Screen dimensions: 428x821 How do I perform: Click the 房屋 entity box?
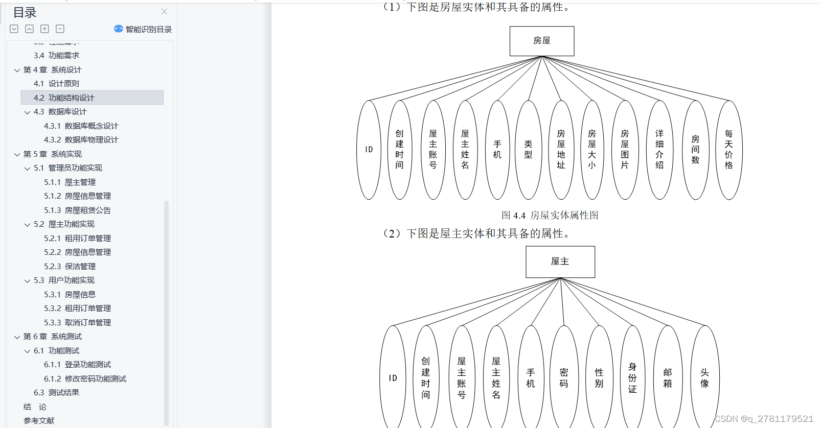pyautogui.click(x=541, y=41)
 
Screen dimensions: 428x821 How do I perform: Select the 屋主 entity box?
pyautogui.click(x=560, y=261)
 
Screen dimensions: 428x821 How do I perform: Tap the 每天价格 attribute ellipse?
pyautogui.click(x=728, y=150)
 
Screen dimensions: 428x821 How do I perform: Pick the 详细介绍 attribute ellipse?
pyautogui.click(x=659, y=150)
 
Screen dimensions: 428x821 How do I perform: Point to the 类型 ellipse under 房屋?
pyautogui.click(x=528, y=150)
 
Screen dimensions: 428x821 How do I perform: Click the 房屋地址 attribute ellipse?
pyautogui.click(x=561, y=150)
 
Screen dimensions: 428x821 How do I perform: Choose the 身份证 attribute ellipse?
pyautogui.click(x=632, y=378)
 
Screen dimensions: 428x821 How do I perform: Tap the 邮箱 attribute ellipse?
pyautogui.click(x=668, y=378)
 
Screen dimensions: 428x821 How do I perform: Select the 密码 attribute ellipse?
pyautogui.click(x=564, y=378)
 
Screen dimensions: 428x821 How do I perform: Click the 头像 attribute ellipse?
pyautogui.click(x=704, y=378)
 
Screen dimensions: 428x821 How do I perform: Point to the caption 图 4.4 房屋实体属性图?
pyautogui.click(x=550, y=216)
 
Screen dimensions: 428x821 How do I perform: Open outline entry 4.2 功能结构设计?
pyautogui.click(x=64, y=98)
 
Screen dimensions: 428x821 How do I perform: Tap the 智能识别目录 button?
pyautogui.click(x=143, y=29)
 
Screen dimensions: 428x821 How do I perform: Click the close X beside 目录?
pyautogui.click(x=164, y=11)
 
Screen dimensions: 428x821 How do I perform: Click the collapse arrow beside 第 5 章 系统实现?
pyautogui.click(x=17, y=154)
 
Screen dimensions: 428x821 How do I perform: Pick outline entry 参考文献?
pyautogui.click(x=39, y=421)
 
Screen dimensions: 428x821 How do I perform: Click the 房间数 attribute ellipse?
pyautogui.click(x=695, y=150)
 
